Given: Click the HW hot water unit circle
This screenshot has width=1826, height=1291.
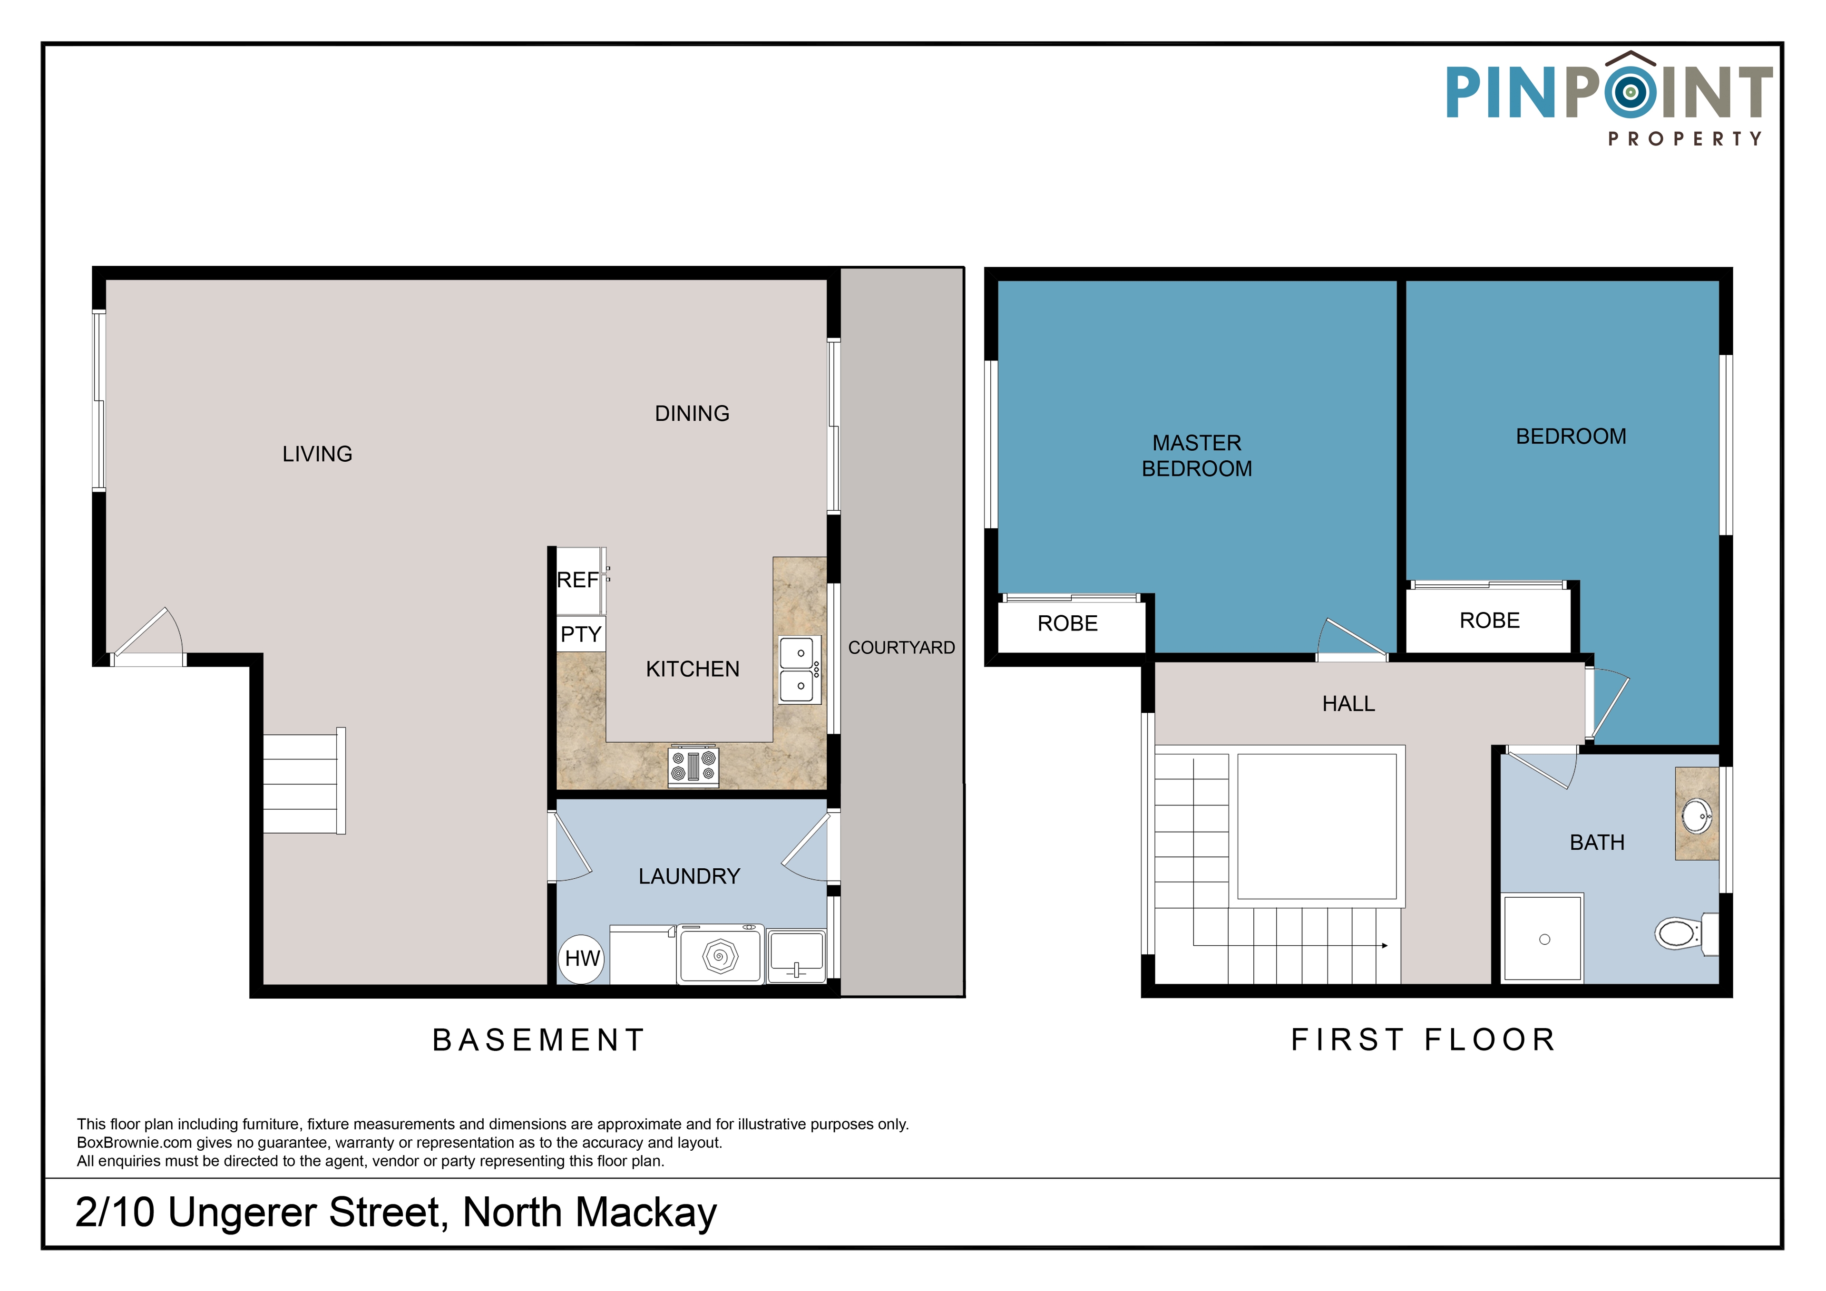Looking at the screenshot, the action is click(x=581, y=959).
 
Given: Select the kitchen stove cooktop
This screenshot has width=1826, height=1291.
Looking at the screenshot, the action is click(x=693, y=767).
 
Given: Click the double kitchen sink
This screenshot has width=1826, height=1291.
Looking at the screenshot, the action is click(x=799, y=670).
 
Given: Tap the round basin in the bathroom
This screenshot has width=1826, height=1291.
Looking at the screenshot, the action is click(x=1696, y=815).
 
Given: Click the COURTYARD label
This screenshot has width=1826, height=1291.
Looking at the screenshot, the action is click(x=901, y=648).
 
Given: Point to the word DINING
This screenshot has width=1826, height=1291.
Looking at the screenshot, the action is click(x=692, y=413).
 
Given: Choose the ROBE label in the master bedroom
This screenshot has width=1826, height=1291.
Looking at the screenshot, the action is click(x=1067, y=623).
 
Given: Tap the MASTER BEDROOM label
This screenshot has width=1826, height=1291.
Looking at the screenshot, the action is click(x=1197, y=456).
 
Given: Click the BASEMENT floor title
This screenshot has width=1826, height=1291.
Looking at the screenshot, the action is click(x=538, y=1040).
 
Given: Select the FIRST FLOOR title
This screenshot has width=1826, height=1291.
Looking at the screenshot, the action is click(x=1423, y=1040).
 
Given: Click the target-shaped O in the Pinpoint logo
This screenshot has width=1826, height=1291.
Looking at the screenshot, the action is click(x=1631, y=92).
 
